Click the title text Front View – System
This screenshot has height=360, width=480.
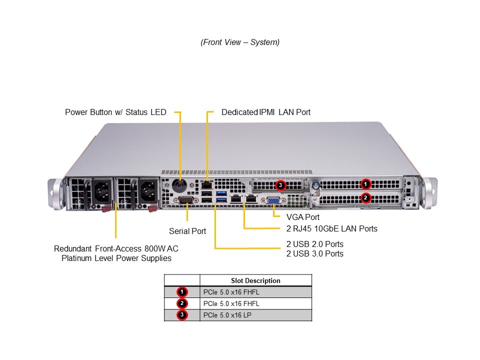240,42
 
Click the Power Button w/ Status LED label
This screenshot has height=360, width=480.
115,112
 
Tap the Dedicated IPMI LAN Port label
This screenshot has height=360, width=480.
266,112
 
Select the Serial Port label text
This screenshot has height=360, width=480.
187,231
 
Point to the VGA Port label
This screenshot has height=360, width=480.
303,217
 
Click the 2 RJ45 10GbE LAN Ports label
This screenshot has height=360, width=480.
332,228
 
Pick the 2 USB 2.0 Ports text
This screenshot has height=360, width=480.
314,244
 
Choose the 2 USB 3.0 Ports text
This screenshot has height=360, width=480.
314,253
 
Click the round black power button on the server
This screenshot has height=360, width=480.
179,185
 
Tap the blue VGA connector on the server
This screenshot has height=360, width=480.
273,201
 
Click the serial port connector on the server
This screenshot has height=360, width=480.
186,200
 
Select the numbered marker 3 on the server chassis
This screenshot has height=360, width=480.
281,185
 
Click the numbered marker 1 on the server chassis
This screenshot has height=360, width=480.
366,184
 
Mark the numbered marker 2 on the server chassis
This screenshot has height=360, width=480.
366,197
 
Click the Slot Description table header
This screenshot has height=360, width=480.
255,280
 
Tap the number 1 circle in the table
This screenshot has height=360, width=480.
182,292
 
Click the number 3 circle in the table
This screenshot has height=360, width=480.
182,315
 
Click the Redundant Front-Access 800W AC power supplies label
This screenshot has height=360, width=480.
116,253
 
